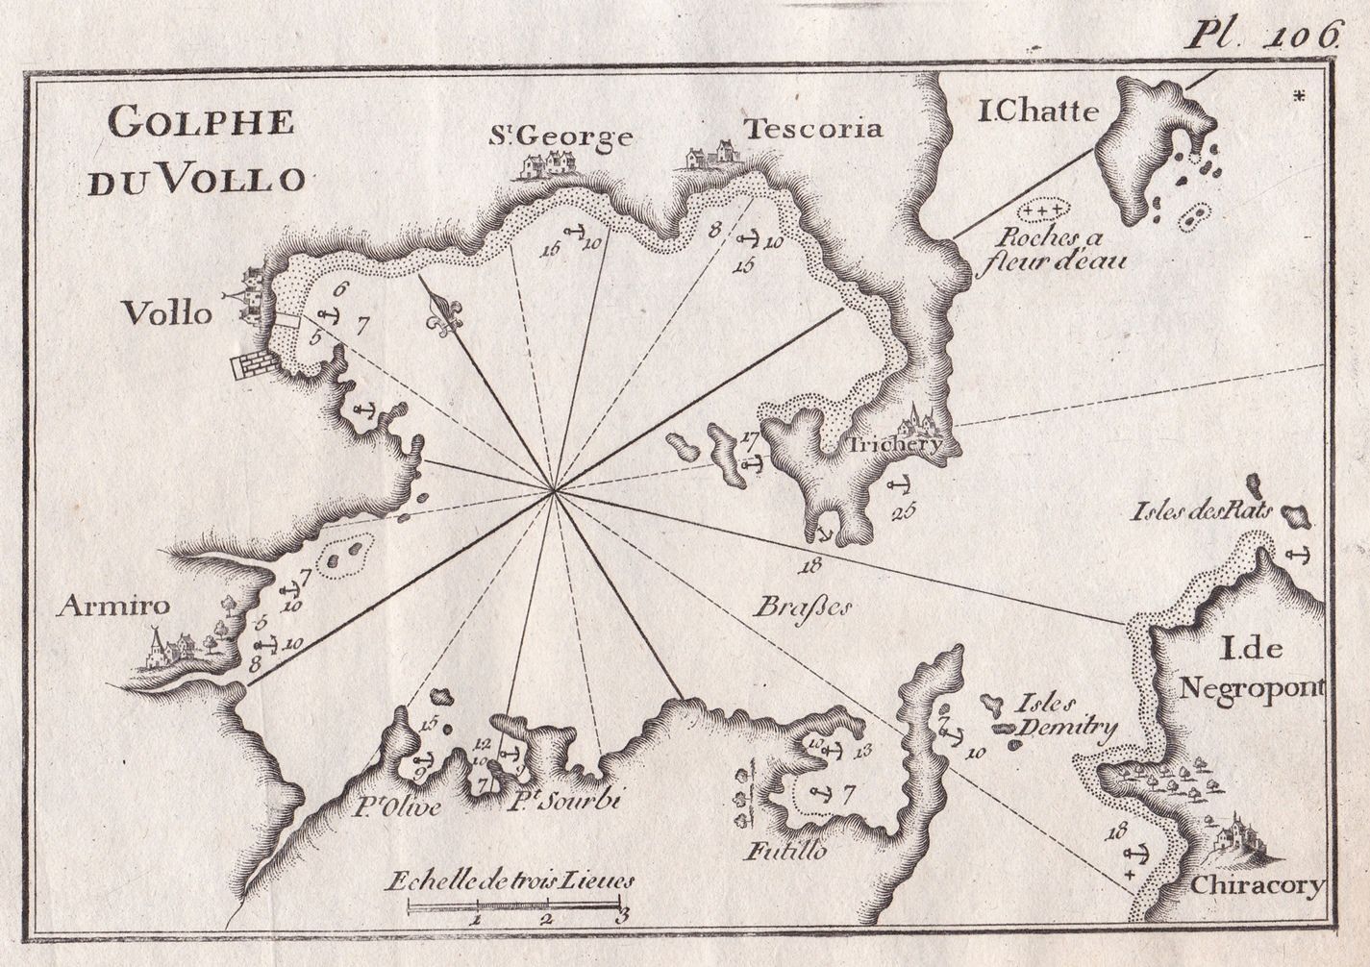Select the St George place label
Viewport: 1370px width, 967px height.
[x=560, y=137]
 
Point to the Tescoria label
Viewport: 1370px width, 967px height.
[x=813, y=129]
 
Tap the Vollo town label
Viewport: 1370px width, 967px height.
[x=166, y=312]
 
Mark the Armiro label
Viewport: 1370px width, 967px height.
[x=113, y=606]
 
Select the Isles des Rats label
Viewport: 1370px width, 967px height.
[x=1203, y=510]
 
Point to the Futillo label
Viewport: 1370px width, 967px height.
[x=785, y=852]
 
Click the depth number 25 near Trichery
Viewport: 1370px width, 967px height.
[x=902, y=510]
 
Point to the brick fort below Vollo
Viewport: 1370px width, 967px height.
[x=254, y=366]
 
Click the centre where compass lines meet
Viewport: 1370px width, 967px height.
[x=555, y=492]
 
